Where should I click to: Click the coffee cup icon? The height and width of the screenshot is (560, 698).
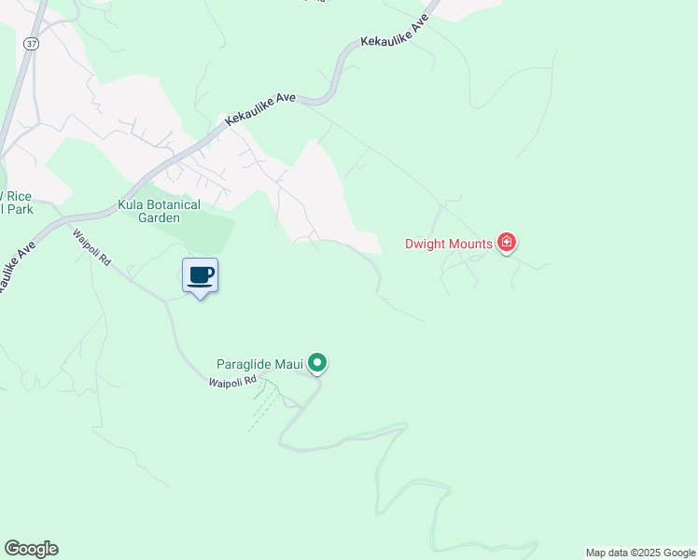point(200,275)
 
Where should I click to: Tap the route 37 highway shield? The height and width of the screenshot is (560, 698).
point(32,44)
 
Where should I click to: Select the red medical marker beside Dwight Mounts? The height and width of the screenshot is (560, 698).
point(507,244)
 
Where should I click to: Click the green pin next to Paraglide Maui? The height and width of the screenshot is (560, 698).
point(317,363)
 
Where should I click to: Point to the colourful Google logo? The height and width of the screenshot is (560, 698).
point(31,549)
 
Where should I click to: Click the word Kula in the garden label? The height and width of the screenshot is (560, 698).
point(133,204)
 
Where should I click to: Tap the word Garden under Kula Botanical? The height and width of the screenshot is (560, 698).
point(158,217)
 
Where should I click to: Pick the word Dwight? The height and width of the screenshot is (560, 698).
point(427,245)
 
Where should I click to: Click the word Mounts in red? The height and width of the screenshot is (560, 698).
point(472,245)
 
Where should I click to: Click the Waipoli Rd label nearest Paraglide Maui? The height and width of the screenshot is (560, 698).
point(231,382)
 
